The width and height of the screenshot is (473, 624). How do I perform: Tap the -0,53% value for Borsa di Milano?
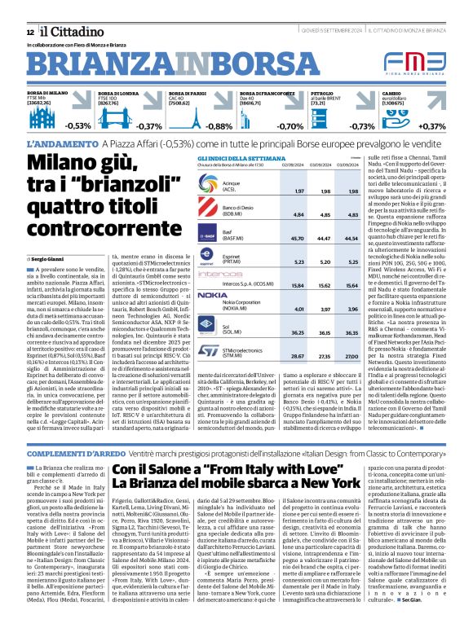[78, 126]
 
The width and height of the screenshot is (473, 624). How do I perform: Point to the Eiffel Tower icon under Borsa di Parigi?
[197, 116]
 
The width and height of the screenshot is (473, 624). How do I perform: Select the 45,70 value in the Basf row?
[299, 238]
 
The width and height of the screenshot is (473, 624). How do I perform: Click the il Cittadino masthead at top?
[66, 30]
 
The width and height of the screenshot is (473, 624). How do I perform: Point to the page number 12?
[30, 31]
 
